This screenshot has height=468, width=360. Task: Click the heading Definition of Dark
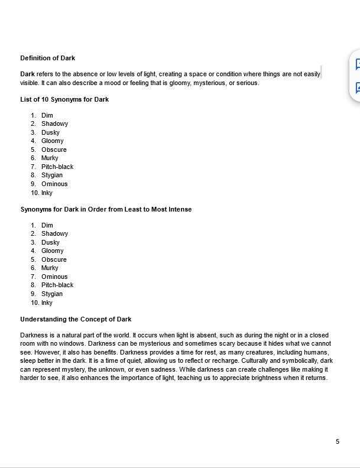point(47,58)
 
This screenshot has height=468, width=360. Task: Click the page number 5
point(338,441)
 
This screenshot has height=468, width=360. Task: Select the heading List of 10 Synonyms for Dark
point(64,99)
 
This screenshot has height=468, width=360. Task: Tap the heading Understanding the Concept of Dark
point(76,319)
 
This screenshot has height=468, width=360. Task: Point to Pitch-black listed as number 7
point(57,167)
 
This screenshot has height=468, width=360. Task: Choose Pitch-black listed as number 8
point(57,285)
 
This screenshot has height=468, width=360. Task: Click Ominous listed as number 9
point(54,184)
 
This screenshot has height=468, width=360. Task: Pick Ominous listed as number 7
point(54,277)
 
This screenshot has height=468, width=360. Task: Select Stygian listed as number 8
point(52,175)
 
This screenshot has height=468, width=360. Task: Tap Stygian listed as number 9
point(52,294)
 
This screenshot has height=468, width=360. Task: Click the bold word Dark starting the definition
point(27,74)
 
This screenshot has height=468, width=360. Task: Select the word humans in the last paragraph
point(316,352)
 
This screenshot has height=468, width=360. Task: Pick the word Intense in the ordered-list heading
point(180,209)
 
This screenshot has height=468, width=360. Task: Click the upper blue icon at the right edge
point(357,64)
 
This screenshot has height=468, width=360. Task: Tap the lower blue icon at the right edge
point(357,87)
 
